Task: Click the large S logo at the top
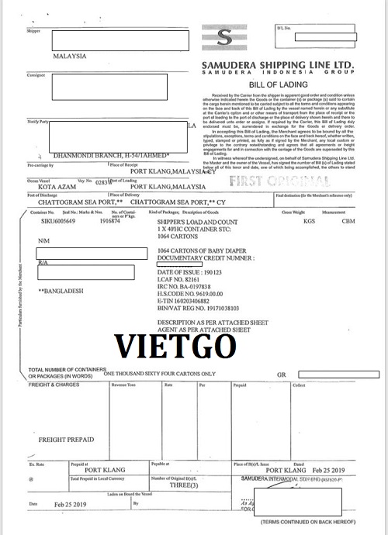click(x=224, y=38)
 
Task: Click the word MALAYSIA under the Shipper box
click(x=70, y=57)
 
